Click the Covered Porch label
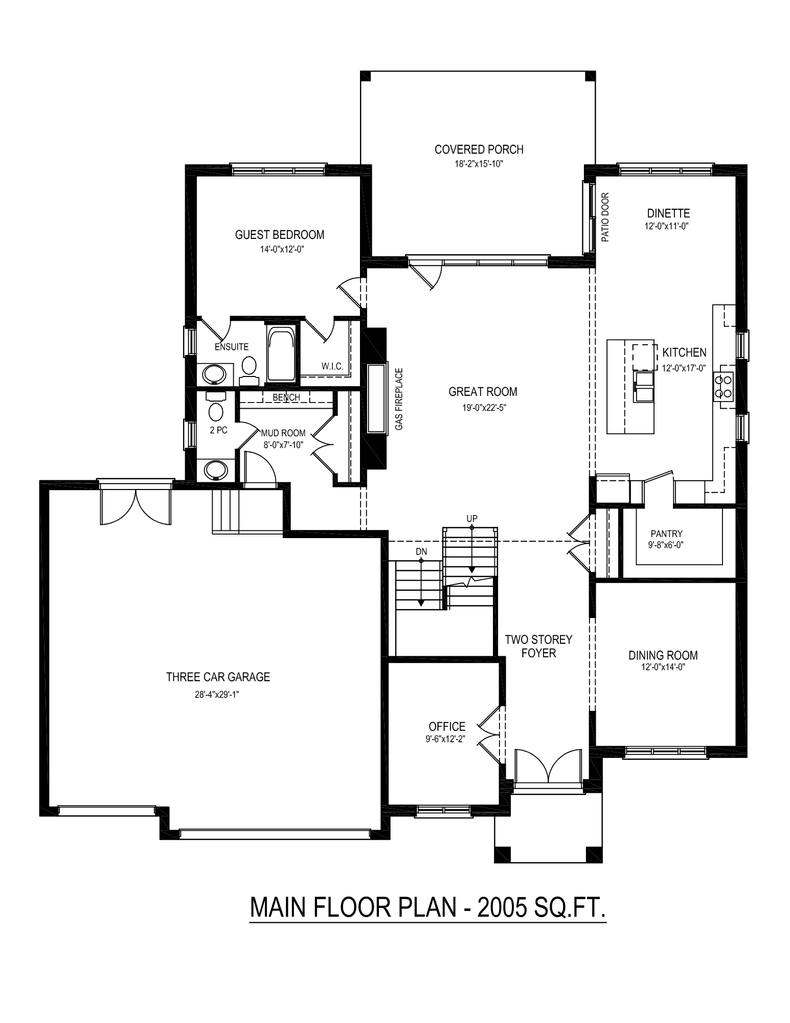479,149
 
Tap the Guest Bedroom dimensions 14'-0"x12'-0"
279,250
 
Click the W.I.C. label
332,366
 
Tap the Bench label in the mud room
286,397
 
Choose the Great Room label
483,392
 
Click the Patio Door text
605,217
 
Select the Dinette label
668,213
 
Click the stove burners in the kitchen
726,386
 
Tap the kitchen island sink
644,388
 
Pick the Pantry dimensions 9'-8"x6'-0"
667,545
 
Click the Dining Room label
663,655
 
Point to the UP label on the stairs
472,519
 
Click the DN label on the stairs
421,551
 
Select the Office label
447,726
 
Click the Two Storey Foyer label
538,646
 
